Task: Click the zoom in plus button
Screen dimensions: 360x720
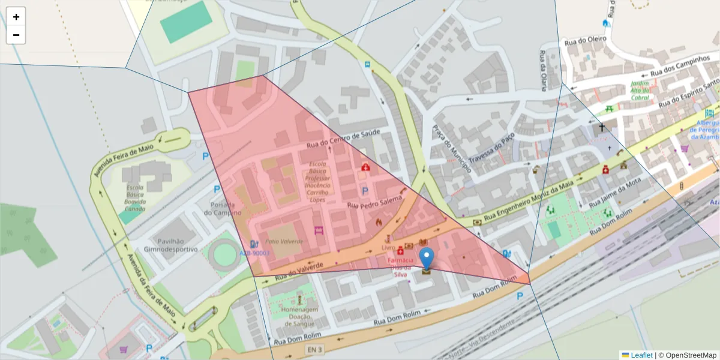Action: tap(16, 17)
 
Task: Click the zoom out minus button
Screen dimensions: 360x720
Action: tap(16, 35)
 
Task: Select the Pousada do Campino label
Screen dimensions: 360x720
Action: tap(222, 208)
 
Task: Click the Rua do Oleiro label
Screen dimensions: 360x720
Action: tap(586, 40)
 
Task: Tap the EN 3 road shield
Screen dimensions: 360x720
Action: tap(315, 349)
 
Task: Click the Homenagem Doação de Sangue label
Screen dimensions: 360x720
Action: tap(298, 317)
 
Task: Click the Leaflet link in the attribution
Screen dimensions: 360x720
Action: tap(641, 355)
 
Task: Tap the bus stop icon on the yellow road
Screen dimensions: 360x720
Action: tap(367, 64)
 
